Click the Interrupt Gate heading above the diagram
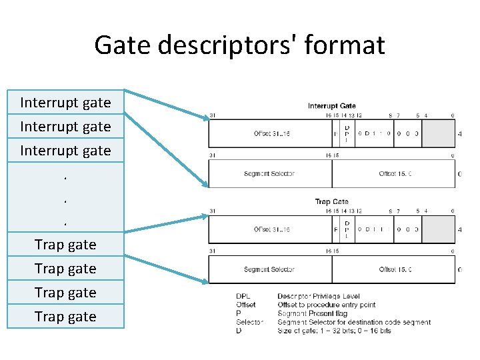click(332, 105)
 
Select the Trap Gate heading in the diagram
click(332, 201)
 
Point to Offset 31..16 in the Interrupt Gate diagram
click(271, 133)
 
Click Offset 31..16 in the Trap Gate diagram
click(271, 229)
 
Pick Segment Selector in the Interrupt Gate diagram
click(269, 174)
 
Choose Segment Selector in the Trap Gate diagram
click(269, 269)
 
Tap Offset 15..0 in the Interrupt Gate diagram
click(395, 174)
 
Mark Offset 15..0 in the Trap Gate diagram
click(395, 269)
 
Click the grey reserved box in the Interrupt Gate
click(439, 133)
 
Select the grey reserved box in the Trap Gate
click(439, 229)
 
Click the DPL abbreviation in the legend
click(244, 295)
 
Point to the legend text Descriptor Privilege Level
click(319, 295)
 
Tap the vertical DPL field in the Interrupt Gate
click(347, 133)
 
